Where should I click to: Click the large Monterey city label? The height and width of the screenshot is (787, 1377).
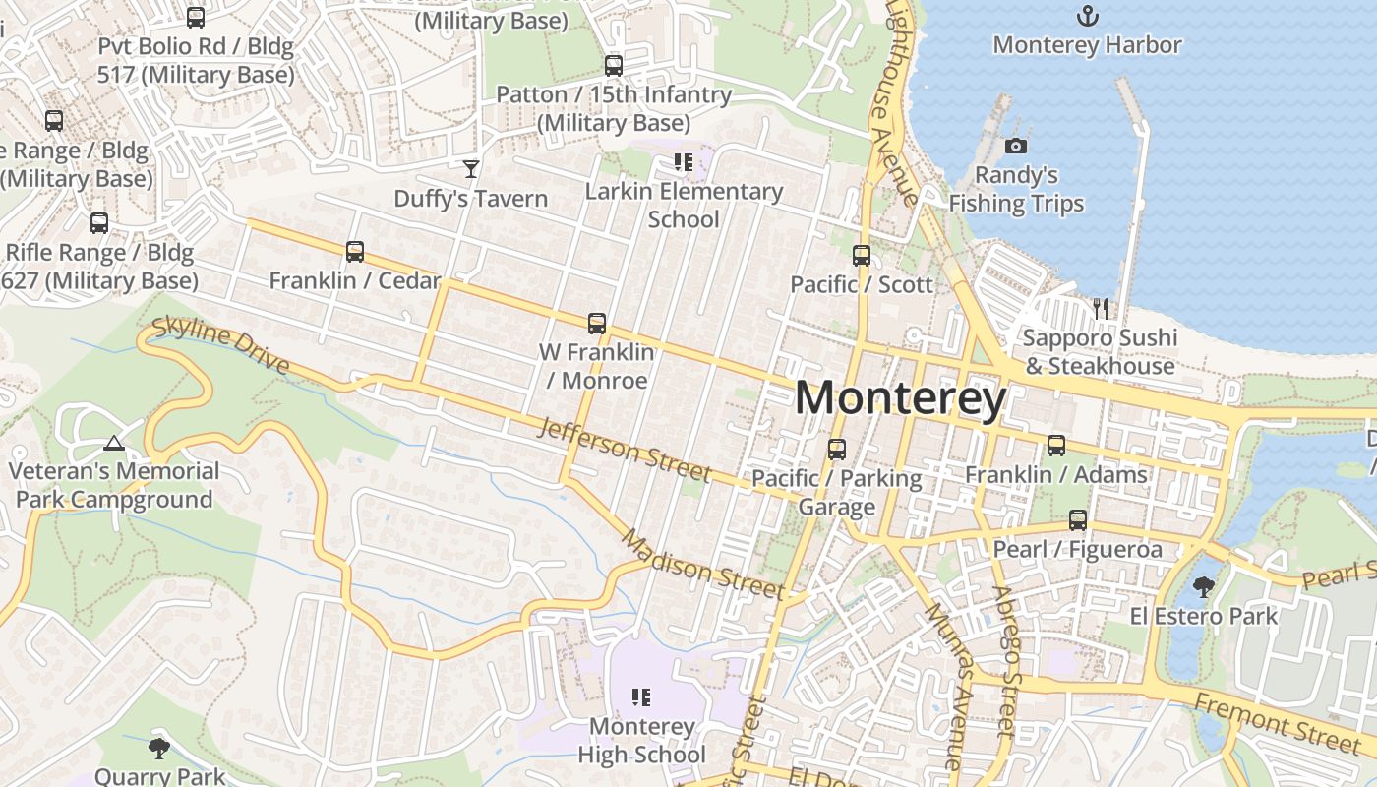pos(900,398)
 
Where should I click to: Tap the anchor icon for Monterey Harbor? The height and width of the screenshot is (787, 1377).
pos(1087,16)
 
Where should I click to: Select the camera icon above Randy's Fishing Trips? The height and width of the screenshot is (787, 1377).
pos(1016,147)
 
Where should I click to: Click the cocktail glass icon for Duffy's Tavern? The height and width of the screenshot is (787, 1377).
pos(471,169)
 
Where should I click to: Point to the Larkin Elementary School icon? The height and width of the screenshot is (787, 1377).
pos(683,162)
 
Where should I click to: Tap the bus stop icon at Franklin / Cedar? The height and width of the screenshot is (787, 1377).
pos(355,252)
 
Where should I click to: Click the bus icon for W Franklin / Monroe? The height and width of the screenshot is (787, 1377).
pos(596,323)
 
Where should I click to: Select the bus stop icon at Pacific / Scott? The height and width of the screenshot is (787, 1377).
pos(862,256)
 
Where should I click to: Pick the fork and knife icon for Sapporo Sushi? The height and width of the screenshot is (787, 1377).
pos(1100,309)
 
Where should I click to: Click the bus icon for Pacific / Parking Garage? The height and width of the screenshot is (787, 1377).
pos(836,450)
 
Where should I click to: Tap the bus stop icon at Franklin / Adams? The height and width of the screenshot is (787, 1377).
pos(1055,446)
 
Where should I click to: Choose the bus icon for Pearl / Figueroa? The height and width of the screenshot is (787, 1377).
pos(1078,520)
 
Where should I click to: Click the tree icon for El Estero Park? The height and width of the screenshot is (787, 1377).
pos(1202,587)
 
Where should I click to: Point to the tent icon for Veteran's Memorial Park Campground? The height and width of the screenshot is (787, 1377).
pos(114,443)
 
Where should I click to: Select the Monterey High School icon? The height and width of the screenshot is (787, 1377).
pos(641,697)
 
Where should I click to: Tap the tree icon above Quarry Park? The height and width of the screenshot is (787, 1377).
pos(158,749)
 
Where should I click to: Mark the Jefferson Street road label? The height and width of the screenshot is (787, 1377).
pos(624,449)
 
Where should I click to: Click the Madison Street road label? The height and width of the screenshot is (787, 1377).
pos(702,567)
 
